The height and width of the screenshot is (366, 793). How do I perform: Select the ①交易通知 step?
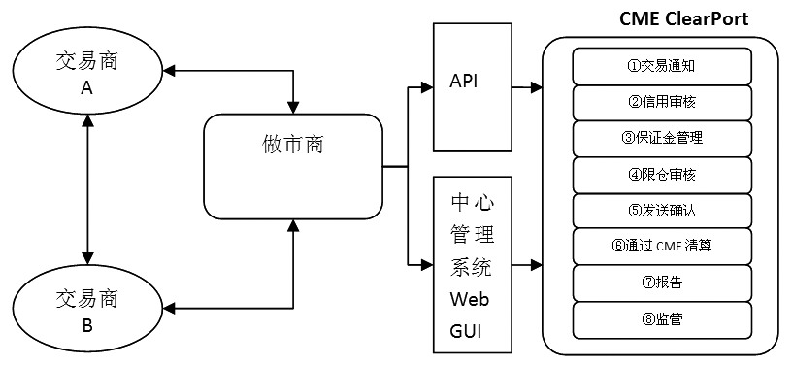[x=662, y=67]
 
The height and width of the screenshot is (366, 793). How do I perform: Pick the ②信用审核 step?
[x=662, y=102]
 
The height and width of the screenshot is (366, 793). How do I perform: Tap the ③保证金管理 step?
[x=662, y=138]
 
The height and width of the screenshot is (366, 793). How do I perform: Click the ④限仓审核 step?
[x=662, y=174]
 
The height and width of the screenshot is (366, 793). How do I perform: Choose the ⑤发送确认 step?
[x=662, y=210]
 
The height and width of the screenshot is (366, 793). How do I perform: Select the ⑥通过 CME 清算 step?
[x=662, y=246]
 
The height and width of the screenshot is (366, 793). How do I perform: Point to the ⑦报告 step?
[x=662, y=282]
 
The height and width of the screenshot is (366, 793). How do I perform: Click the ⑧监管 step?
[x=662, y=317]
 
